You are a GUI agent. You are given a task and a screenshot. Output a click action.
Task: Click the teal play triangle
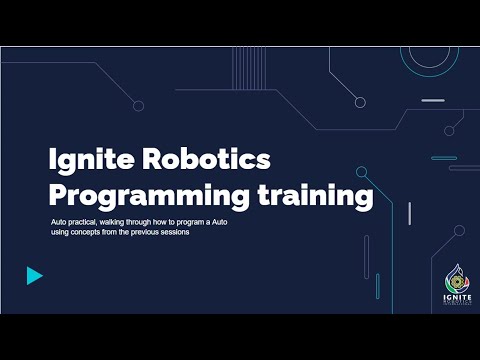[x=35, y=276]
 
